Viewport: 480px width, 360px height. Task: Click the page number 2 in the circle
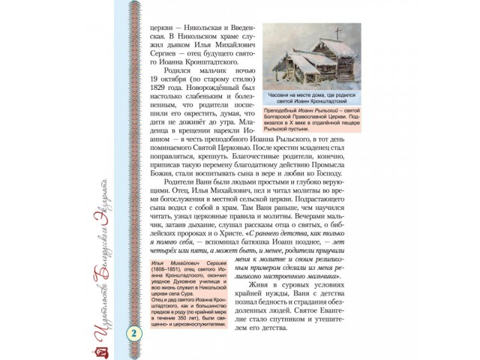tap(135, 333)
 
